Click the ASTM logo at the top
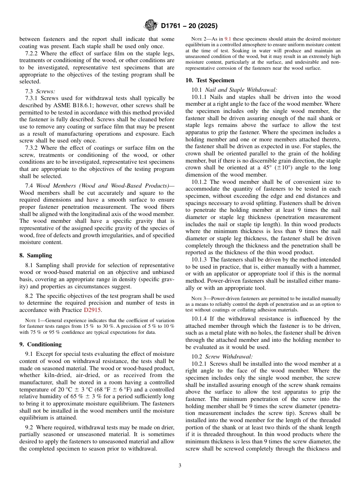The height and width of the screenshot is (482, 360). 151,26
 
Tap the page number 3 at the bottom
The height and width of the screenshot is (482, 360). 180,465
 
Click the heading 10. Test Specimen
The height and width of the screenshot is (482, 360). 210,80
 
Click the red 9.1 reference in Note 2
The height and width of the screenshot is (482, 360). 228,39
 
